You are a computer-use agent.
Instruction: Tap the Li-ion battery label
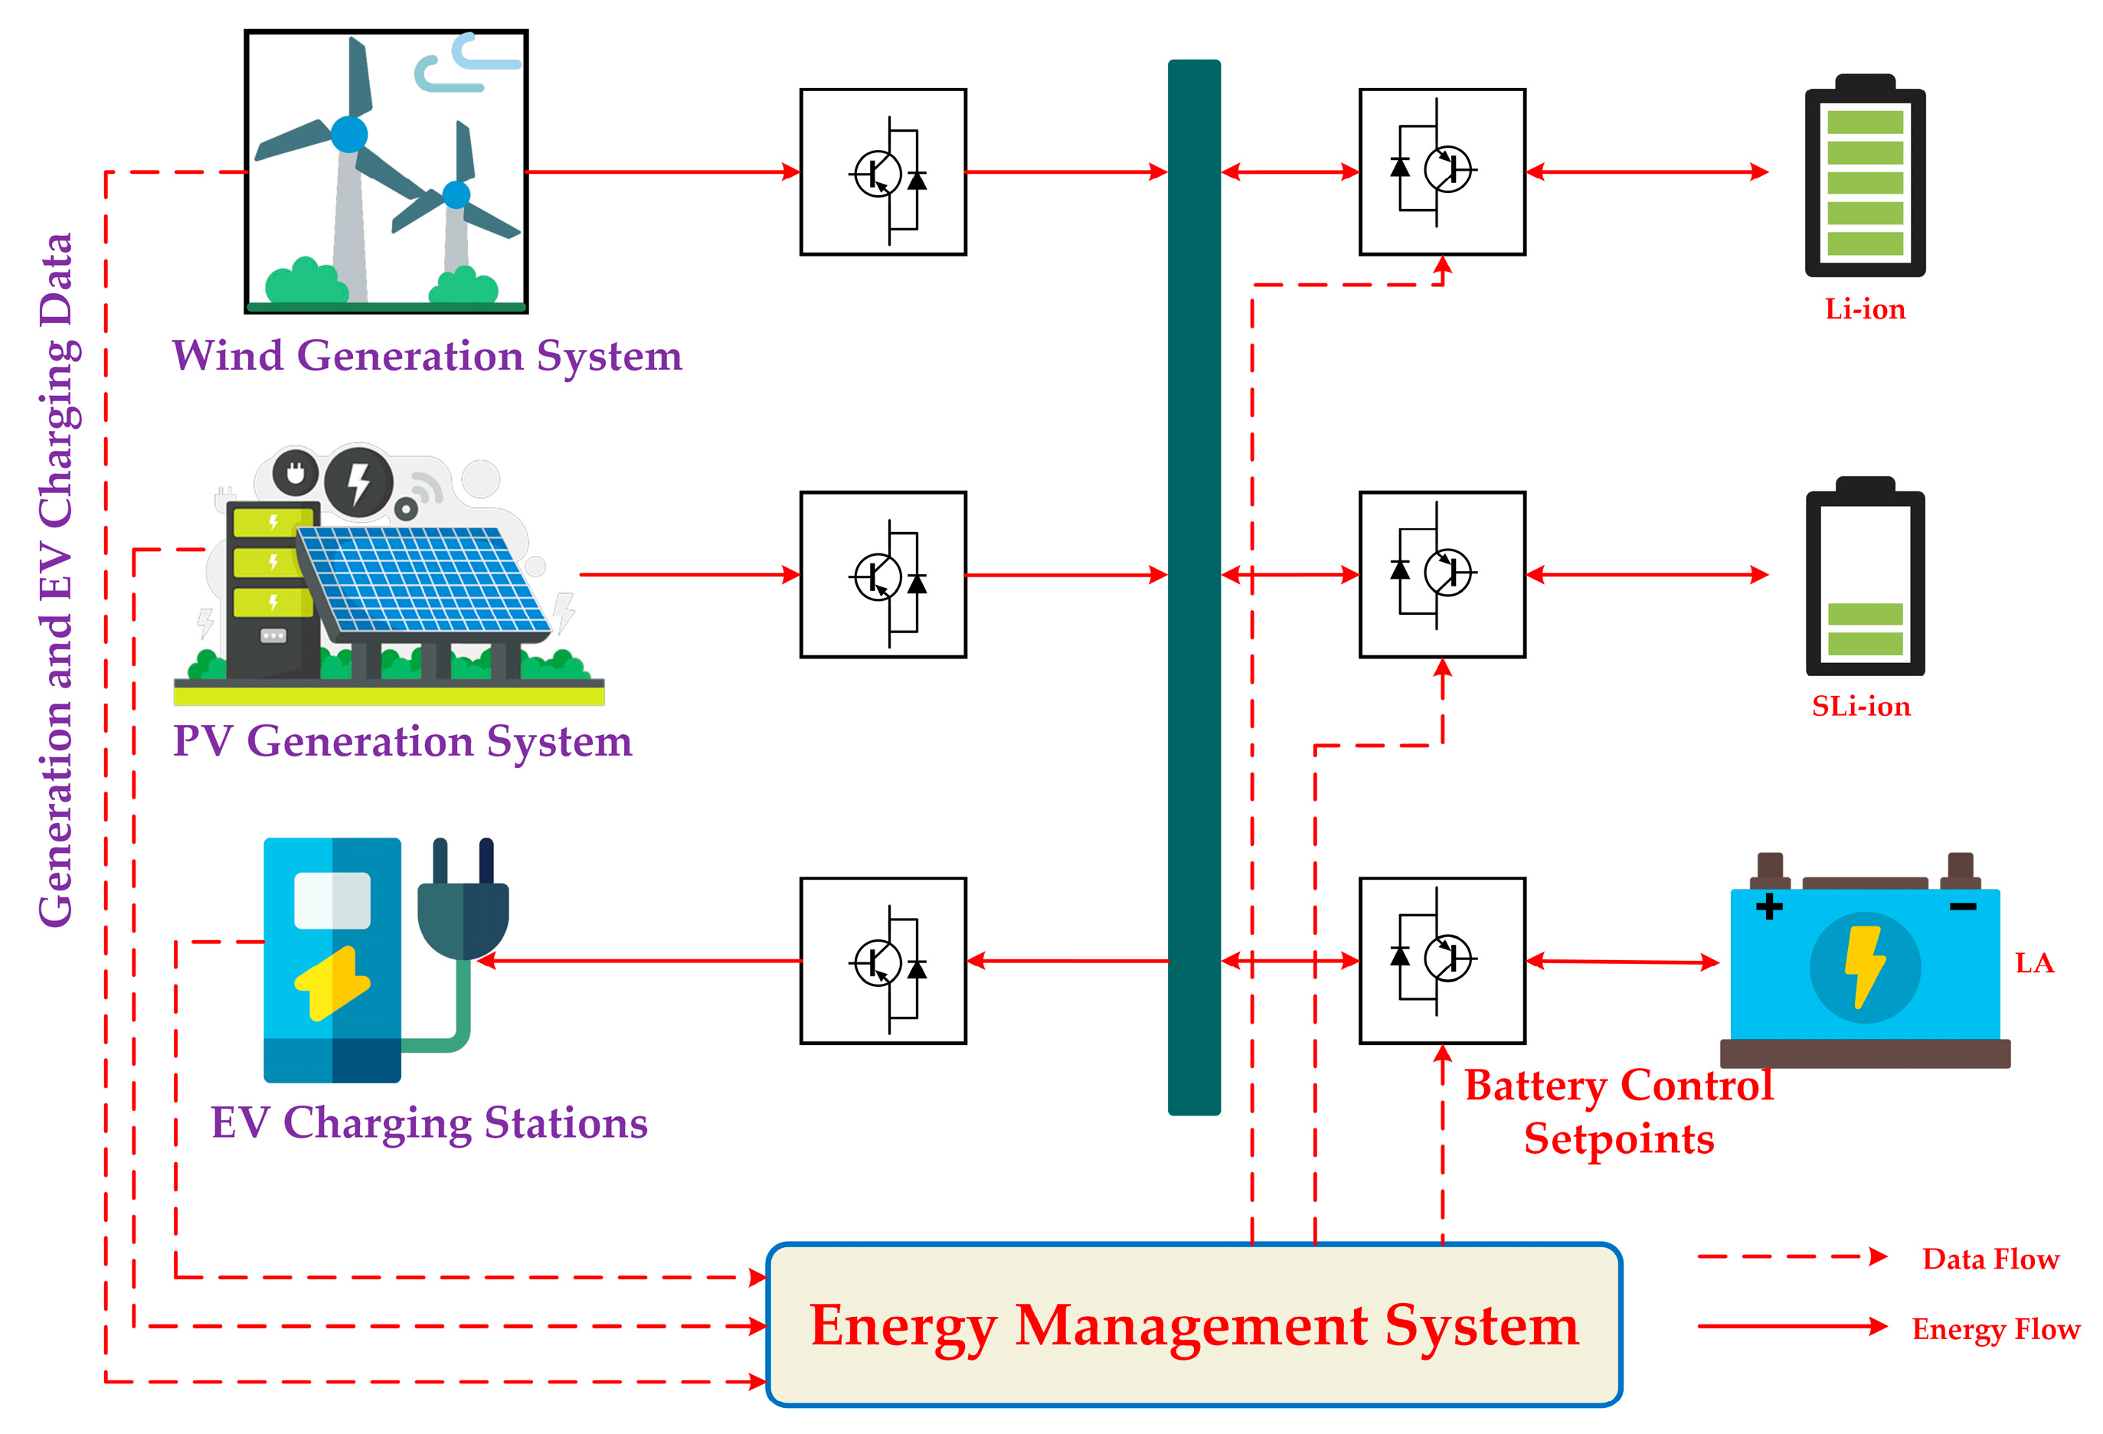click(1864, 309)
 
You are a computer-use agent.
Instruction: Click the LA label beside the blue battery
click(2033, 962)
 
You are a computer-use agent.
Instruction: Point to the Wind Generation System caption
click(427, 355)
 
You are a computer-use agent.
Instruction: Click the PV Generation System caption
click(402, 741)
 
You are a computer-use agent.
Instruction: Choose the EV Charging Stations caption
click(429, 1122)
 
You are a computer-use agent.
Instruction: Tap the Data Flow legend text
click(1990, 1259)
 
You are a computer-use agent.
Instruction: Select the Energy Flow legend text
click(1994, 1329)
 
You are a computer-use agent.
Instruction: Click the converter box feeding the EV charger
click(882, 960)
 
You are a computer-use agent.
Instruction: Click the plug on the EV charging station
click(463, 905)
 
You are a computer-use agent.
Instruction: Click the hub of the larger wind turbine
click(348, 134)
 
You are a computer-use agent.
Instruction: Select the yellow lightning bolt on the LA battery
click(1863, 965)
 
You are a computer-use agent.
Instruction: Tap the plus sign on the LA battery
click(1768, 906)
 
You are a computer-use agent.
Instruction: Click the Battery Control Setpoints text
click(1618, 1111)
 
